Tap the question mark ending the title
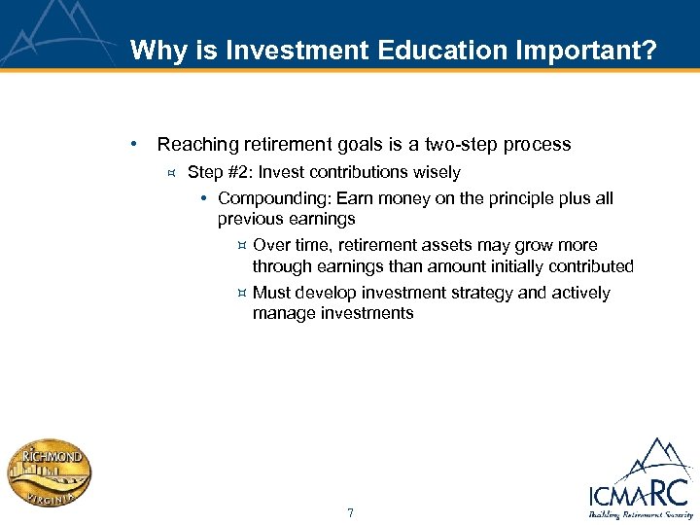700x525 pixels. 649,50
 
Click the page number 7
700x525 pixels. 350,512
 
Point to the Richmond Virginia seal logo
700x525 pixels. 49,475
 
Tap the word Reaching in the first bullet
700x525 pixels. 197,145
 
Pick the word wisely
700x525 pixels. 437,172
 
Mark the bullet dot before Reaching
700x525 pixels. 133,145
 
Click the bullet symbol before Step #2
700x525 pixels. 170,173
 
